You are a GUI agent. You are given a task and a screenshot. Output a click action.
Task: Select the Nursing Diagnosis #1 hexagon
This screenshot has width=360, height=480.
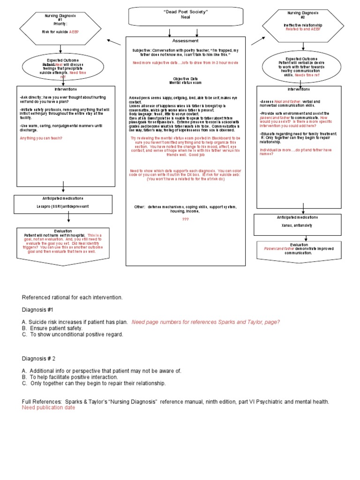point(60,24)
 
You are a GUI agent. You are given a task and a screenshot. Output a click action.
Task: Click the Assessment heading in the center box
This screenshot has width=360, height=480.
point(185,41)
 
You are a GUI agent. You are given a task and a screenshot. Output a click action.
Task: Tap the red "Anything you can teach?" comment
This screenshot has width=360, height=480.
point(41,138)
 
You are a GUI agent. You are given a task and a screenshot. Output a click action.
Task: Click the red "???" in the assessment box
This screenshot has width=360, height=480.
point(185,219)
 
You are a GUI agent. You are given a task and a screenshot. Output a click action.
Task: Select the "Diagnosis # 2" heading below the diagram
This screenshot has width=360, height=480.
point(39,359)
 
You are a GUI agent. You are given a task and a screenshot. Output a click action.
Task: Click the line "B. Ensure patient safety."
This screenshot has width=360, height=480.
point(52,328)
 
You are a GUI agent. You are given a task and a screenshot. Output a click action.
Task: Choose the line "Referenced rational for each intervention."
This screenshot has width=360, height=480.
point(72,297)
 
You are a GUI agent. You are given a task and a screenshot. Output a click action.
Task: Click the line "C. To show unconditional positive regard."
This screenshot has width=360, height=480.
point(73,334)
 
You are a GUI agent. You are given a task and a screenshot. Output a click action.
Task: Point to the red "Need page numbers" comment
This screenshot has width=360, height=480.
point(205,322)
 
